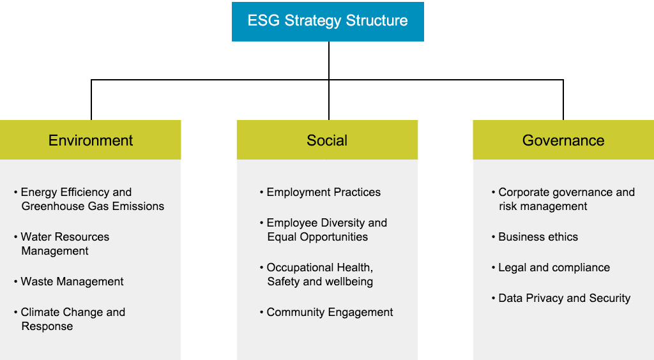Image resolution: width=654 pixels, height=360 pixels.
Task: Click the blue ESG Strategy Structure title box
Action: pyautogui.click(x=328, y=22)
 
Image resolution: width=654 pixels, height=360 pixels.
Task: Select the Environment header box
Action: pyautogui.click(x=91, y=140)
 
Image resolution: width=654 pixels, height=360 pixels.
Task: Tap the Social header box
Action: pyautogui.click(x=328, y=140)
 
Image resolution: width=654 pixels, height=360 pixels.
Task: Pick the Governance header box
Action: pyautogui.click(x=563, y=140)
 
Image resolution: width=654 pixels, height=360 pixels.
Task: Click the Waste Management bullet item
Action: pyautogui.click(x=69, y=281)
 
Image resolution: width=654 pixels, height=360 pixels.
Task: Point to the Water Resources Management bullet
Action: pyautogui.click(x=62, y=244)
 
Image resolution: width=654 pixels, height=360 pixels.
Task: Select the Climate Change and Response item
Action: pyautogui.click(x=70, y=319)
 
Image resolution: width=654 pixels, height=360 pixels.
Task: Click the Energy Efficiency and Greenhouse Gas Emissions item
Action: pyautogui.click(x=89, y=199)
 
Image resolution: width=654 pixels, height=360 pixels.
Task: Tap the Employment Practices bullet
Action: pyautogui.click(x=321, y=192)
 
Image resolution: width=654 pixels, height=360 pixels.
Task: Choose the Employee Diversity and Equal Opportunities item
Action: pyautogui.click(x=324, y=230)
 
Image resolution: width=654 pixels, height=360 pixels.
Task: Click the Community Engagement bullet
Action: pyautogui.click(x=326, y=312)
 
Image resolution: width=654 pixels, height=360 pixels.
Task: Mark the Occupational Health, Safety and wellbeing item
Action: pyautogui.click(x=317, y=274)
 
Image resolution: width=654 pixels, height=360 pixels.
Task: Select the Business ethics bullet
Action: pyautogui.click(x=535, y=237)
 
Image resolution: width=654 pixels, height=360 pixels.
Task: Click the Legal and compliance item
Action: pyautogui.click(x=551, y=267)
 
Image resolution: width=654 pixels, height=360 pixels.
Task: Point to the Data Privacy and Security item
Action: pyautogui.click(x=561, y=298)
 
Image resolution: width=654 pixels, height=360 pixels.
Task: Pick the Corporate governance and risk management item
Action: pyautogui.click(x=563, y=199)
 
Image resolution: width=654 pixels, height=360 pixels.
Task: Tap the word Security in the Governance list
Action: pyautogui.click(x=610, y=298)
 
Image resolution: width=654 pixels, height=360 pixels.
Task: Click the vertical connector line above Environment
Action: pyautogui.click(x=91, y=100)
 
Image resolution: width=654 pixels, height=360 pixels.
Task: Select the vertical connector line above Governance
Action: pyautogui.click(x=563, y=100)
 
